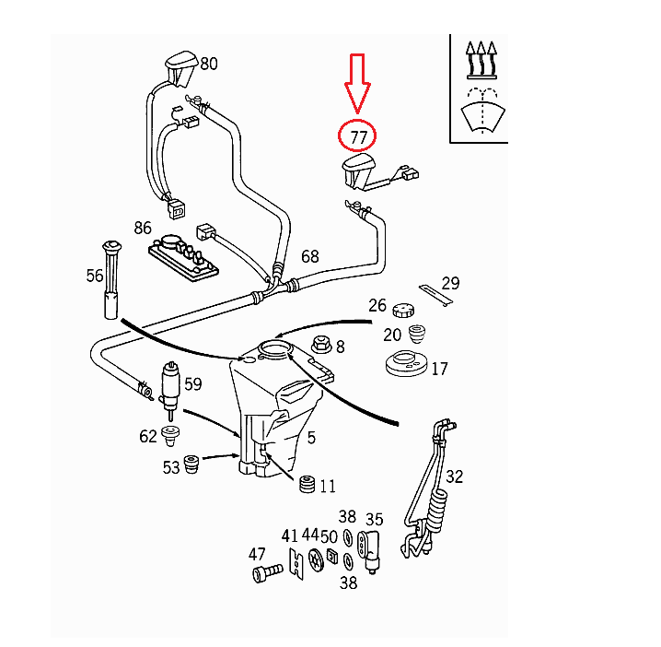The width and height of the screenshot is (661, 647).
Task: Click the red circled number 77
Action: click(357, 136)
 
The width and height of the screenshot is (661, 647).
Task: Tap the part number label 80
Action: click(209, 64)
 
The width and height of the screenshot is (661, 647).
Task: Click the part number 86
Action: click(143, 227)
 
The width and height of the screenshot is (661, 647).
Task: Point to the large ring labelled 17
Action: click(406, 363)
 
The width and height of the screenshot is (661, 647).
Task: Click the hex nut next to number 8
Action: click(322, 347)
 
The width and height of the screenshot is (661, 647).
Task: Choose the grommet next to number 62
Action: click(170, 434)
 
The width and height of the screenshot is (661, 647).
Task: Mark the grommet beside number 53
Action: click(192, 465)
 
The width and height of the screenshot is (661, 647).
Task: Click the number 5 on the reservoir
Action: click(311, 437)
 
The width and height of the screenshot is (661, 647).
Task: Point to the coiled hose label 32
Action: click(454, 476)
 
